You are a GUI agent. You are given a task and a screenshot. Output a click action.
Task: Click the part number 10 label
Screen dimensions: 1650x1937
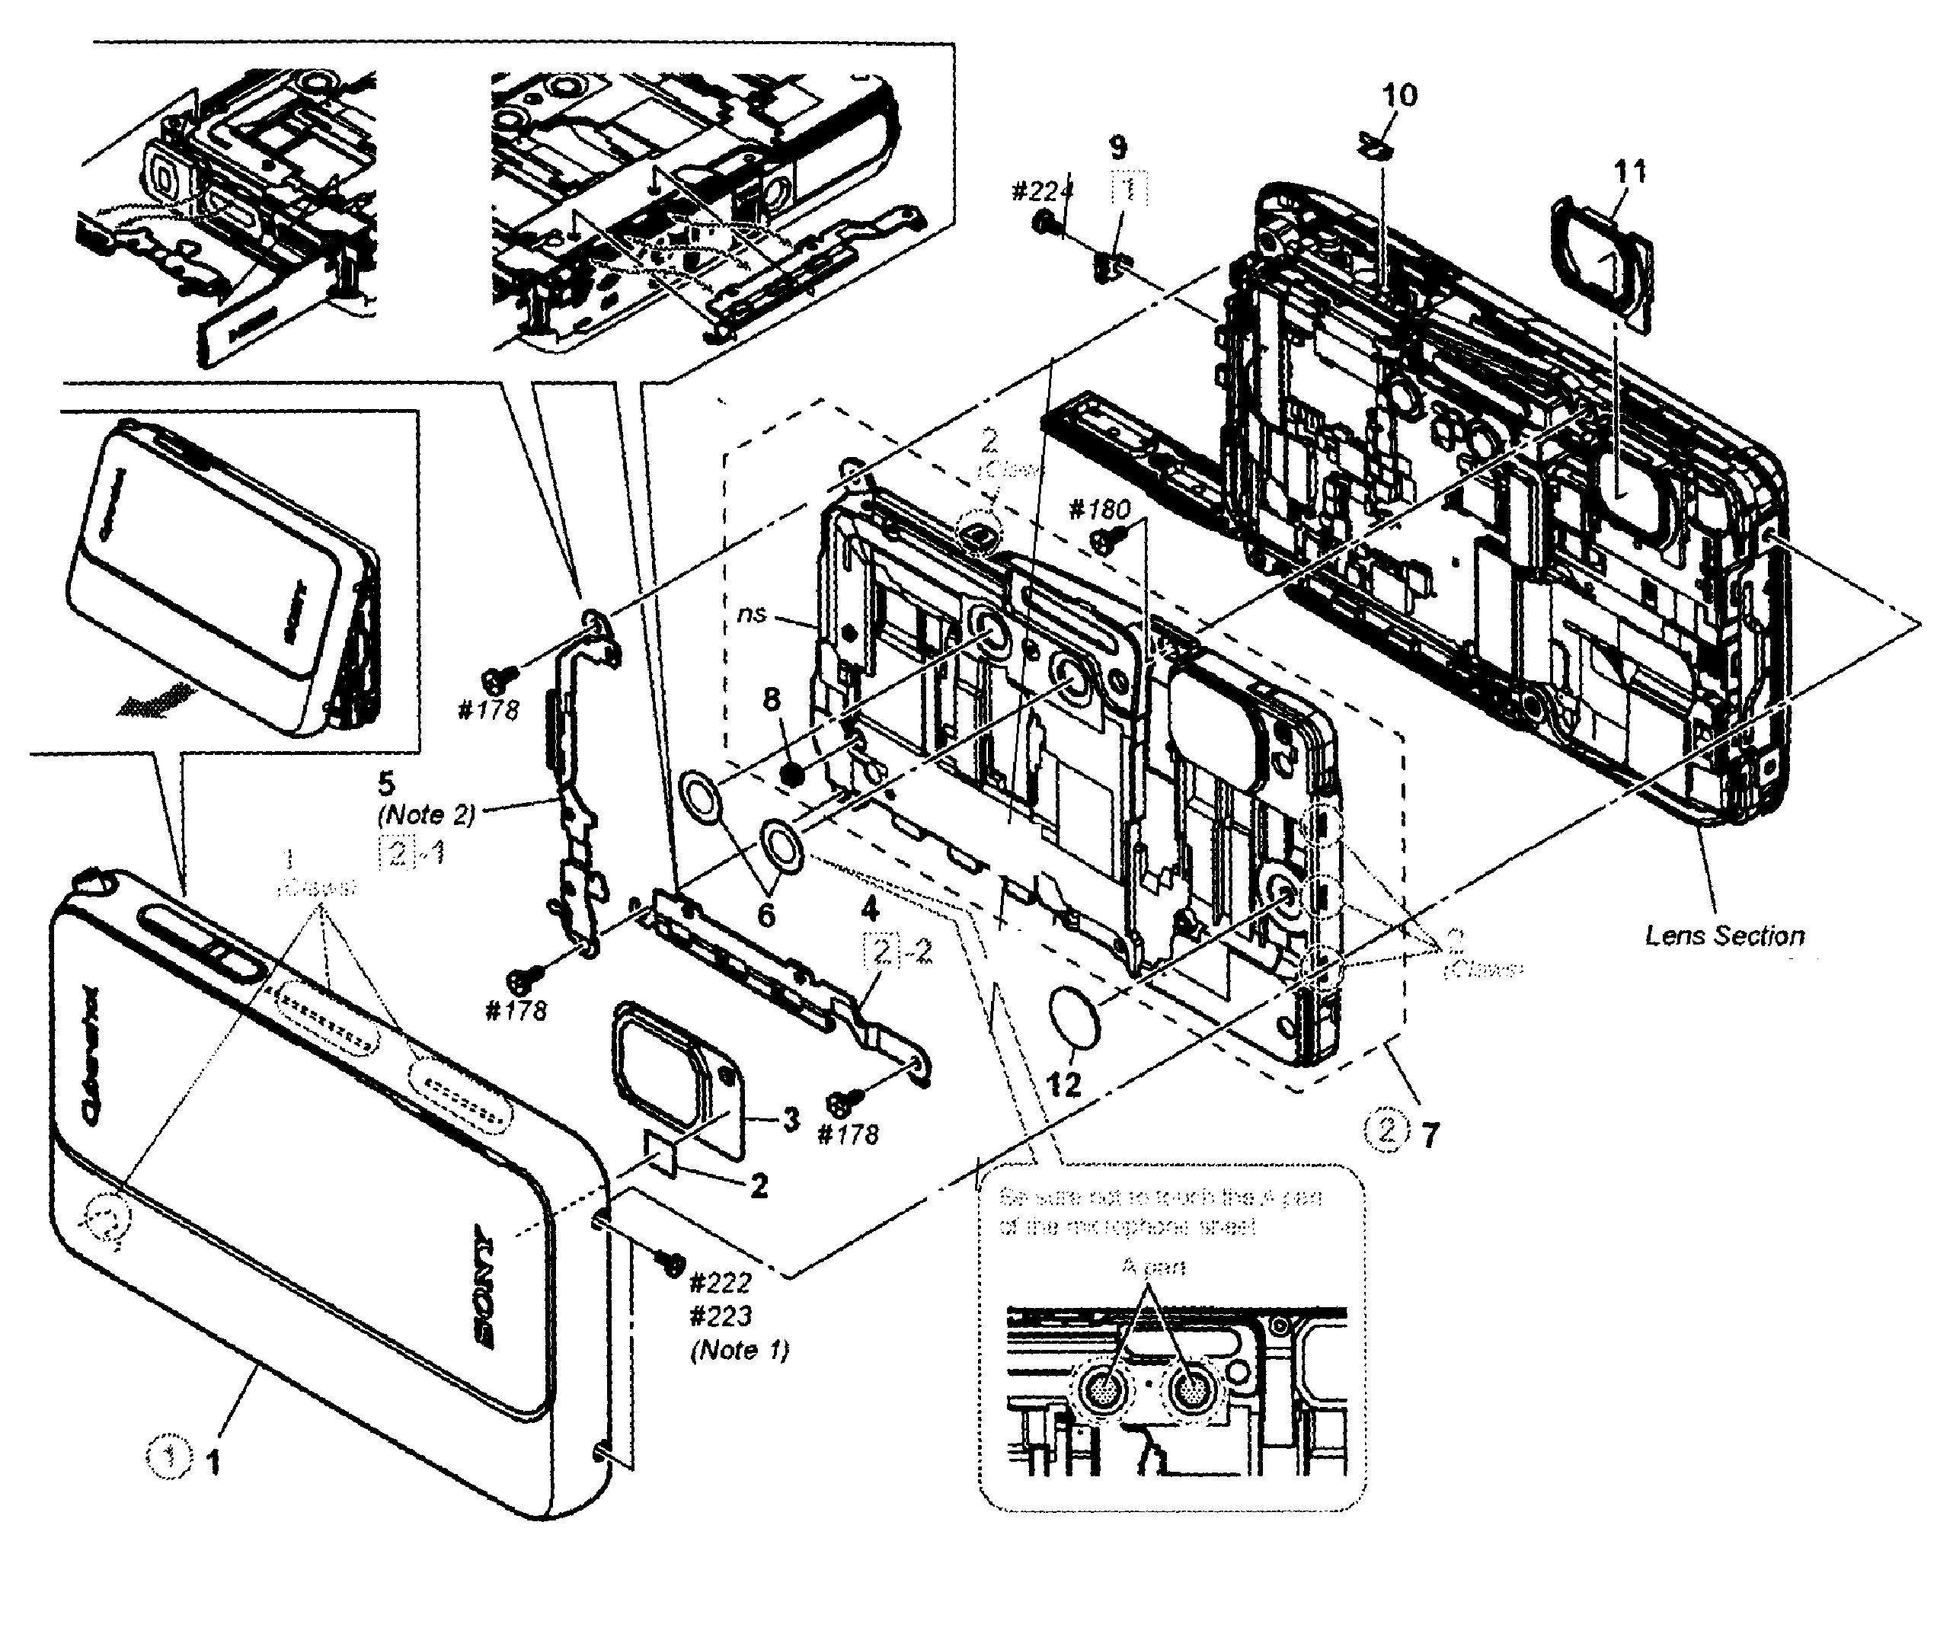(x=1398, y=94)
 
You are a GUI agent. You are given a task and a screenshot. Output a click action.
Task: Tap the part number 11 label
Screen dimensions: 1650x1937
(x=1629, y=171)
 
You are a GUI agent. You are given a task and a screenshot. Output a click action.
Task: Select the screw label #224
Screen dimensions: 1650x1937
(x=1041, y=192)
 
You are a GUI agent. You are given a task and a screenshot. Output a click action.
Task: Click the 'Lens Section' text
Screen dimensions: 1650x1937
(x=1724, y=935)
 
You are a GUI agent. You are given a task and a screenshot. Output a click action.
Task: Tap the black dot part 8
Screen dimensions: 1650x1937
(x=793, y=774)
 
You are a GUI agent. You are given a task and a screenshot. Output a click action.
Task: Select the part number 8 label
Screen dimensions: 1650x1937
(x=772, y=699)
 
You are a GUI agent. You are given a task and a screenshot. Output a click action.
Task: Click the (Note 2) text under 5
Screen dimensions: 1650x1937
(x=427, y=814)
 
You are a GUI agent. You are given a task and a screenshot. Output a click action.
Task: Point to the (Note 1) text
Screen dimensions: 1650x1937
(x=740, y=1350)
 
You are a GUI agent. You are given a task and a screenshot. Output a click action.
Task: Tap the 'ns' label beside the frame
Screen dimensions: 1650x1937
(x=752, y=613)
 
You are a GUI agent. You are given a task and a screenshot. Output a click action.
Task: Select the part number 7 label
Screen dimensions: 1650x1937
(x=1430, y=1136)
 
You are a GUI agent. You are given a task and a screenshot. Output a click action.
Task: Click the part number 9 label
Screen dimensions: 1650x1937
(x=1117, y=147)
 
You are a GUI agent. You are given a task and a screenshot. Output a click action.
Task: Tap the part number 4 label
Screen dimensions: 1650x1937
(x=869, y=908)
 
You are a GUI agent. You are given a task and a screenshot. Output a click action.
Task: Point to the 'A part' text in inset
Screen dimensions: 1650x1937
(x=1152, y=1268)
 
